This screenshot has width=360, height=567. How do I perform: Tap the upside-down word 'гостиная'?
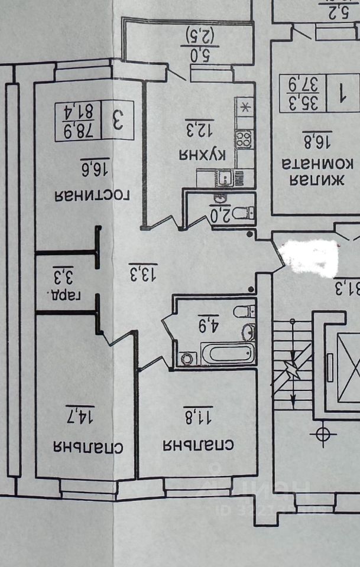pos(92,195)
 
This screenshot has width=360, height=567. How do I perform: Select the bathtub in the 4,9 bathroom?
pos(228,354)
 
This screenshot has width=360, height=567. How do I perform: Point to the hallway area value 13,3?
pos(142,272)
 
